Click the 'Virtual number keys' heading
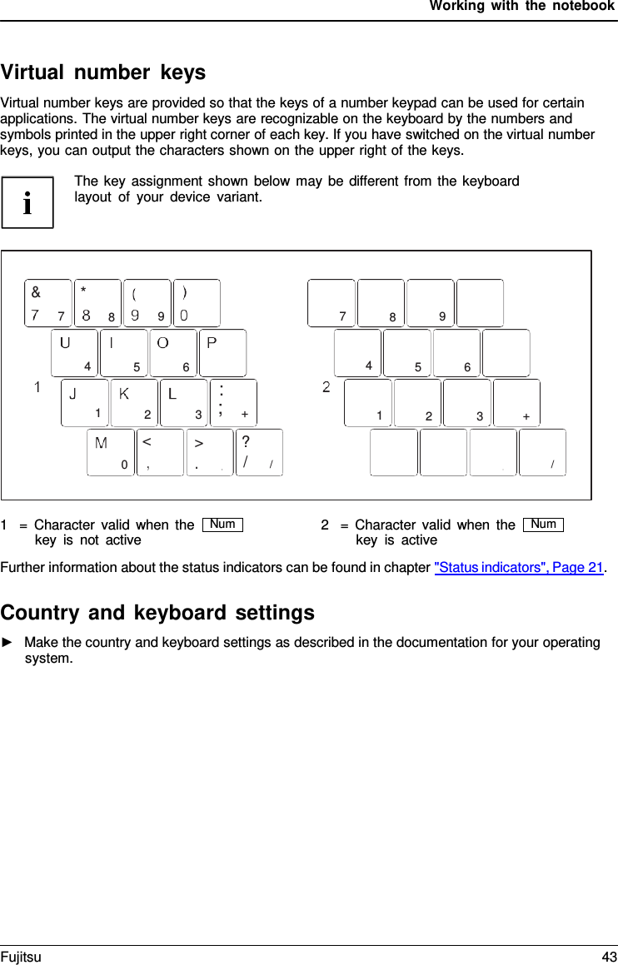click(x=103, y=72)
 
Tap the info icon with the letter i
click(x=27, y=202)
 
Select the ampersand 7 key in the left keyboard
click(x=48, y=303)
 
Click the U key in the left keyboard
click(x=74, y=353)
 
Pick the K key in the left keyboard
click(x=134, y=403)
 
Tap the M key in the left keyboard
click(x=111, y=452)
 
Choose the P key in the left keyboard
click(x=222, y=353)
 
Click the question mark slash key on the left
click(x=259, y=452)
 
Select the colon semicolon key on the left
click(x=233, y=403)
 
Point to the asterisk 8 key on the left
click(x=97, y=303)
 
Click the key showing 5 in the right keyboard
click(x=407, y=353)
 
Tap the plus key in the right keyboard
click(x=516, y=403)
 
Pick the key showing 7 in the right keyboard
click(x=331, y=303)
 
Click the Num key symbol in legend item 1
click(x=222, y=524)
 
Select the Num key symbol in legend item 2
click(x=543, y=524)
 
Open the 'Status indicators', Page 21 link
click(x=519, y=568)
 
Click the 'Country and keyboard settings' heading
click(x=157, y=612)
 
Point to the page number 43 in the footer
click(x=609, y=957)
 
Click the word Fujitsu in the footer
click(x=21, y=957)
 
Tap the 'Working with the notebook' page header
click(x=521, y=7)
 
